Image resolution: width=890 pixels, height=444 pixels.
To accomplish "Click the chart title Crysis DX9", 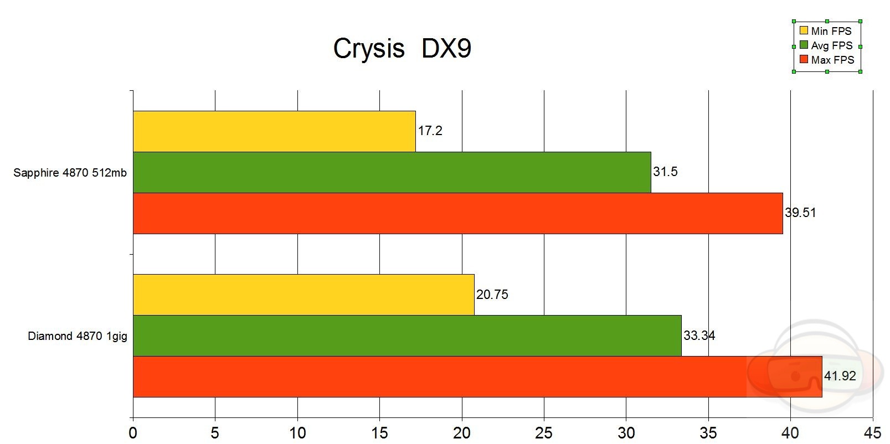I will [402, 49].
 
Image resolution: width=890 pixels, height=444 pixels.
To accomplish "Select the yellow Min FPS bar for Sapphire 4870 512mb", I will [274, 131].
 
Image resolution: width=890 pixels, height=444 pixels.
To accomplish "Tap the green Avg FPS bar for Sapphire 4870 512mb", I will [392, 172].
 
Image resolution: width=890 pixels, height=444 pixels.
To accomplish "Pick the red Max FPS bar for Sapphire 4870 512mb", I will [457, 213].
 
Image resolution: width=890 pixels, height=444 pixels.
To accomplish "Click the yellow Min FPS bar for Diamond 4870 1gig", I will [303, 295].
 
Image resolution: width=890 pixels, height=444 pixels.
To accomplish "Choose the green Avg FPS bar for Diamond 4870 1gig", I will [407, 335].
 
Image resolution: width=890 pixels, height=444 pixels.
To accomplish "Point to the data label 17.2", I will [430, 131].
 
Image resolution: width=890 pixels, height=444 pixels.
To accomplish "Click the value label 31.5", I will [665, 172].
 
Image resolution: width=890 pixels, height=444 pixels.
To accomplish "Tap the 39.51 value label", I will [801, 213].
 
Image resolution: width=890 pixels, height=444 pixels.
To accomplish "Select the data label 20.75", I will [492, 295].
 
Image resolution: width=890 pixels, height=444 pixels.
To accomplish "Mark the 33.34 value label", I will [699, 335].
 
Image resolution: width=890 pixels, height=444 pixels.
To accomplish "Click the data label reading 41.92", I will [840, 376].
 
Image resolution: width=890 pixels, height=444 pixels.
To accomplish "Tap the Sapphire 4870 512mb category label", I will [70, 173].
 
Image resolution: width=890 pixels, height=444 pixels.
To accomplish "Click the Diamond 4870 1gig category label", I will [78, 336].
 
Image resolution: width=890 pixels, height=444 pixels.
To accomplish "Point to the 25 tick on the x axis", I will [544, 432].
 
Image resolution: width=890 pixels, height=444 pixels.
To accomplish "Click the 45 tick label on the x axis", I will [873, 432].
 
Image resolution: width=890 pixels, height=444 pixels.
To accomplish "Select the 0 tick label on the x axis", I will [133, 432].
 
